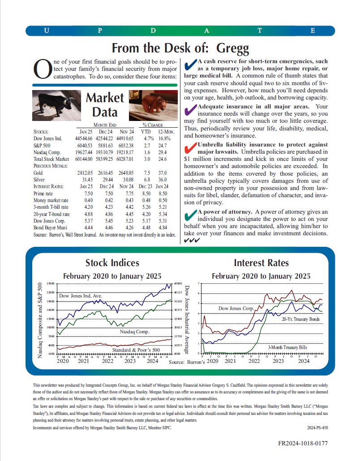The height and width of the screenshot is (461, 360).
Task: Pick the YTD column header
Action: (146, 132)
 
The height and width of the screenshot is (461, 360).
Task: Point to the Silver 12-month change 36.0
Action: (162, 179)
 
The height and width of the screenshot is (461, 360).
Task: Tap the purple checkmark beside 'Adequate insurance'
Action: (190, 109)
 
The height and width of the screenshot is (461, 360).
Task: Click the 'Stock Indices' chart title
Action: (112, 263)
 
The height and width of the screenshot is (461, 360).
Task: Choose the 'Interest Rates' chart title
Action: (261, 263)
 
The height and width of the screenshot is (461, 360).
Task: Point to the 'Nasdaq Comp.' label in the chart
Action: (134, 332)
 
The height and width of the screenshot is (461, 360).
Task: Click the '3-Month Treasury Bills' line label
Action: (287, 347)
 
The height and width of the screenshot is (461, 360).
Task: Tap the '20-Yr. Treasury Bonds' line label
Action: (300, 319)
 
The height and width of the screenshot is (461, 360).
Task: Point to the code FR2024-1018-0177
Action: (303, 443)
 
